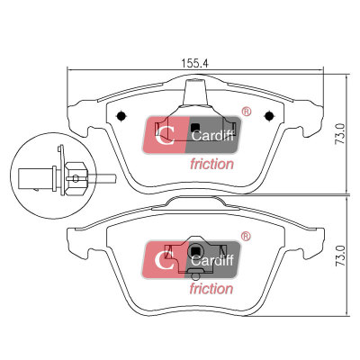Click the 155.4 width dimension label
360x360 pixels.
tap(195, 63)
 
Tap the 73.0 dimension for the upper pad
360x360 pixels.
tap(340, 134)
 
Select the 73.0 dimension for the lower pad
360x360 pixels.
tap(340, 256)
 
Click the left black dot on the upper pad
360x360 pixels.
tap(121, 115)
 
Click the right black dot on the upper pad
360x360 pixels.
tap(269, 115)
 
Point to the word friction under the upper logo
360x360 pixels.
tap(211, 164)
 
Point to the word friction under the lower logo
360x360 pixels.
tap(211, 289)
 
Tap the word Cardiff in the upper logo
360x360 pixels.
tap(212, 136)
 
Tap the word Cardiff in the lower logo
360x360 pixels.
tap(211, 260)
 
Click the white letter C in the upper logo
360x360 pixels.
tap(165, 135)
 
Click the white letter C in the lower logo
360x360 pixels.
tap(165, 260)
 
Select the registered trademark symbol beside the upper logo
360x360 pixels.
tap(247, 112)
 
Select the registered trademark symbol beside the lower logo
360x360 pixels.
tap(246, 236)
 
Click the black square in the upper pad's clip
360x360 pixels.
tap(195, 128)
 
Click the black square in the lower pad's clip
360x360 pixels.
tap(195, 250)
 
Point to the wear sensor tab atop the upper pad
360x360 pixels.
tap(195, 92)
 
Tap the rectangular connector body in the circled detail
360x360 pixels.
tap(35, 179)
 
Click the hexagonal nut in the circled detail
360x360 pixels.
tap(76, 178)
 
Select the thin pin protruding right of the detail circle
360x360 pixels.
tap(101, 178)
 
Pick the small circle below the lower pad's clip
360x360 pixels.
tap(195, 276)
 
